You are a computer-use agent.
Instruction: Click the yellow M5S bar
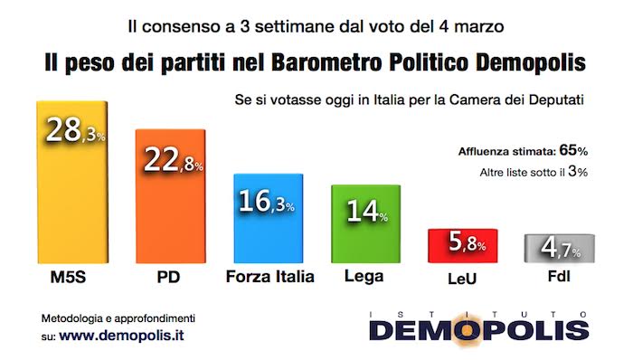[x=72, y=183]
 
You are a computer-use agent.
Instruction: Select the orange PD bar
[x=171, y=196]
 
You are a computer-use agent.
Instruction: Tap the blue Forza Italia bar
[x=269, y=218]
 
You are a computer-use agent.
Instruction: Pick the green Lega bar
[x=365, y=224]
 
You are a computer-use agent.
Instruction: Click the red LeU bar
[x=463, y=246]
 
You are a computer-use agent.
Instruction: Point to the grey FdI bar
[x=559, y=248]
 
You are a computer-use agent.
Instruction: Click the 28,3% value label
[x=75, y=130]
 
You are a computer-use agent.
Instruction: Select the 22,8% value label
[x=174, y=159]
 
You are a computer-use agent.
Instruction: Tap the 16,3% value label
[x=267, y=201]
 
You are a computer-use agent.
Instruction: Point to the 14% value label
[x=367, y=211]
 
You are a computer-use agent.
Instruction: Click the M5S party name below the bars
[x=68, y=278]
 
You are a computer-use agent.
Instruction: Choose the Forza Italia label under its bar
[x=270, y=277]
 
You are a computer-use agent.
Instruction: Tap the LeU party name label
[x=462, y=279]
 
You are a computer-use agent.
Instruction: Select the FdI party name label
[x=559, y=277]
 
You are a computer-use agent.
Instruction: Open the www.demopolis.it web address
[x=121, y=336]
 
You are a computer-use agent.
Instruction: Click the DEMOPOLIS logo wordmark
[x=478, y=330]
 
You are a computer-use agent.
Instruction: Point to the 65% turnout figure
[x=573, y=151]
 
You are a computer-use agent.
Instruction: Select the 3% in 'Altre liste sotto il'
[x=578, y=172]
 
